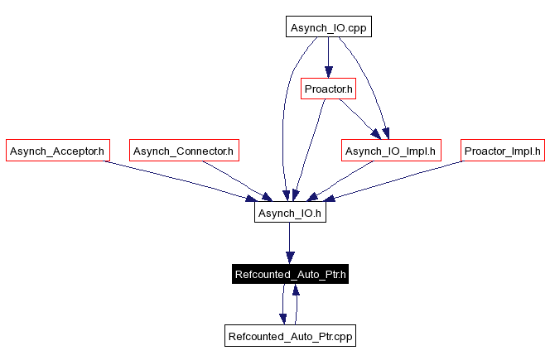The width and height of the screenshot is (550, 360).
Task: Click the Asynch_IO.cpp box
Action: click(328, 27)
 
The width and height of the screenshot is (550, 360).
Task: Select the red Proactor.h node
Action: click(328, 89)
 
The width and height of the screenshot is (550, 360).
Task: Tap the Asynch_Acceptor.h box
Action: click(57, 151)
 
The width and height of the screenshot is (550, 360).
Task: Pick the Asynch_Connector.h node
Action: click(184, 151)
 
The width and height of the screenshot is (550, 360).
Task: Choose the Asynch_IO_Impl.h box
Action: click(391, 151)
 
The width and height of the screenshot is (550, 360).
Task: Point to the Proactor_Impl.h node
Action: click(502, 151)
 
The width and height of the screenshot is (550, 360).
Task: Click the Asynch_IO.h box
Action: click(288, 213)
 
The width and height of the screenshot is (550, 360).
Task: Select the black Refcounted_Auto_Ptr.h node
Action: click(289, 275)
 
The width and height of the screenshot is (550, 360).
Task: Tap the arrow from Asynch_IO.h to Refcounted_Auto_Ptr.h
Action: click(288, 243)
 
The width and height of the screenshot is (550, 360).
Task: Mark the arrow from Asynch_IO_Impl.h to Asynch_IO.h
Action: click(344, 180)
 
